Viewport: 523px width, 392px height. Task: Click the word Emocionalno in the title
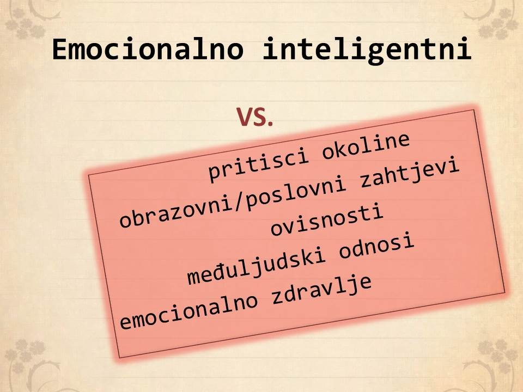148,50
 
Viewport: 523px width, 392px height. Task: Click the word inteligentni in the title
367,50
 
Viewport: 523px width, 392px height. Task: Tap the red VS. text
255,118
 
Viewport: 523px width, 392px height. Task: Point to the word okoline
366,146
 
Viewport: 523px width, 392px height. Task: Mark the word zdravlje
321,289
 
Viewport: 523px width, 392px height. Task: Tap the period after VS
270,124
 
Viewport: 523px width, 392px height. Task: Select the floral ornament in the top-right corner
494,19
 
